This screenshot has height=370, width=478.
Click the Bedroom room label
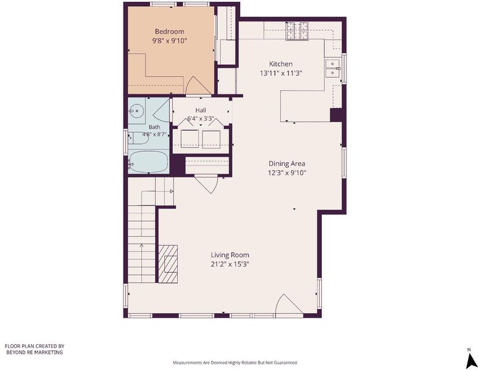pos(169,31)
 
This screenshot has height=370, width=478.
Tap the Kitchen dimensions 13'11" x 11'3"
pos(281,73)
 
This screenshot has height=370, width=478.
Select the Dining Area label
pos(287,163)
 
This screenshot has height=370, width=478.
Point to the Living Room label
pos(230,255)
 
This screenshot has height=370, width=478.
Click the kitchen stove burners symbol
pos(296,31)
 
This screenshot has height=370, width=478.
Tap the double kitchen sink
pos(333,68)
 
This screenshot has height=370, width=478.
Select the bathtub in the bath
pos(148,162)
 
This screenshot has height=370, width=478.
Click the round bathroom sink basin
pos(136,111)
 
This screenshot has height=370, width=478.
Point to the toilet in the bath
pos(138,139)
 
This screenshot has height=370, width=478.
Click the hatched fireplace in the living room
pos(168,264)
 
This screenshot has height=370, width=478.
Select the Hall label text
pos(201,110)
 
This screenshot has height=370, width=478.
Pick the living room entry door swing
pos(287,303)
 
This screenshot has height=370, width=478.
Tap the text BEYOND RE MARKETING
pos(35,352)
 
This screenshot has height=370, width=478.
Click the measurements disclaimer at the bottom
pos(235,363)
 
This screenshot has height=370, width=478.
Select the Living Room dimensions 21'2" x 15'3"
pos(230,264)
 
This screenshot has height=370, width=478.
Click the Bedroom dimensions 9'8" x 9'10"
pos(169,41)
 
